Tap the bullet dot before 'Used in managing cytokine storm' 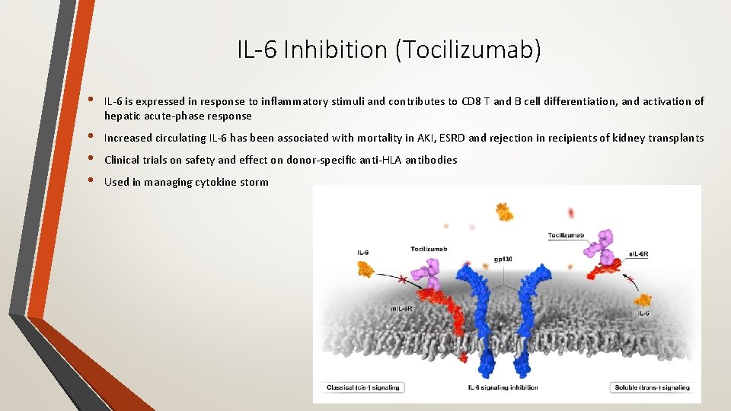[x=91, y=181]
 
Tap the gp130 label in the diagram [x=502, y=260]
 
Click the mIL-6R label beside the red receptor [x=401, y=308]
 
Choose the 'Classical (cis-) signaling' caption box [x=362, y=387]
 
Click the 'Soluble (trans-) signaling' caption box [x=651, y=387]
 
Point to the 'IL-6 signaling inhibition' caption [x=503, y=387]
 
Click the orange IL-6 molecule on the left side [x=367, y=268]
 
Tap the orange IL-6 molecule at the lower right [x=643, y=301]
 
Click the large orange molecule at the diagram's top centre [x=503, y=211]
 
